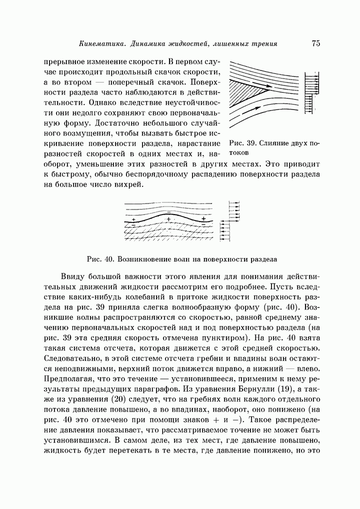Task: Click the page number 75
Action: pos(315,44)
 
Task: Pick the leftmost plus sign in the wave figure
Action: pos(133,219)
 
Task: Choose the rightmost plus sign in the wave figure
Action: pos(203,219)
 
